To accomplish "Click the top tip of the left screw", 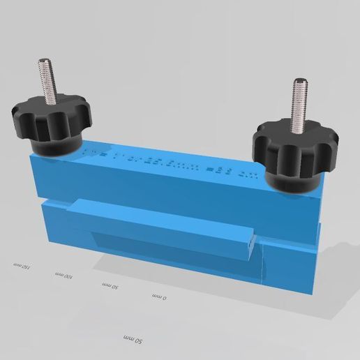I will (x=45, y=62).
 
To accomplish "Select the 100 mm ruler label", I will (x=64, y=277).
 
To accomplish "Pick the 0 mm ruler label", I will (x=159, y=297).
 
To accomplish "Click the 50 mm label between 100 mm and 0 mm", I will (x=109, y=287).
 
